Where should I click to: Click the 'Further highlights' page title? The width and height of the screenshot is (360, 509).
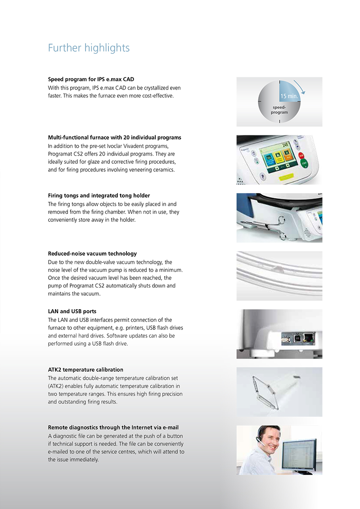(x=89, y=48)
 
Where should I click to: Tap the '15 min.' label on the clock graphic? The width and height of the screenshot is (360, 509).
(x=288, y=96)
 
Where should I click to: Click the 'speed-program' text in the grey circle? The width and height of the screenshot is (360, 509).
(x=279, y=110)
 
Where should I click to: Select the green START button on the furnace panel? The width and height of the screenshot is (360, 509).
(x=304, y=164)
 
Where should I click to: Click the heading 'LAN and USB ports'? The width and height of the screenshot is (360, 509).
(x=72, y=311)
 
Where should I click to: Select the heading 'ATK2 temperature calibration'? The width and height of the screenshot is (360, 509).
(x=85, y=370)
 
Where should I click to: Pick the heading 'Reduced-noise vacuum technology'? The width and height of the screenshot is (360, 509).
(x=92, y=254)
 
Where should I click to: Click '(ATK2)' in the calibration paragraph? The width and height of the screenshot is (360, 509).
(x=57, y=386)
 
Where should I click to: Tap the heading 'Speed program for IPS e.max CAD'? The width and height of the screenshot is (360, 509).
(x=91, y=80)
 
